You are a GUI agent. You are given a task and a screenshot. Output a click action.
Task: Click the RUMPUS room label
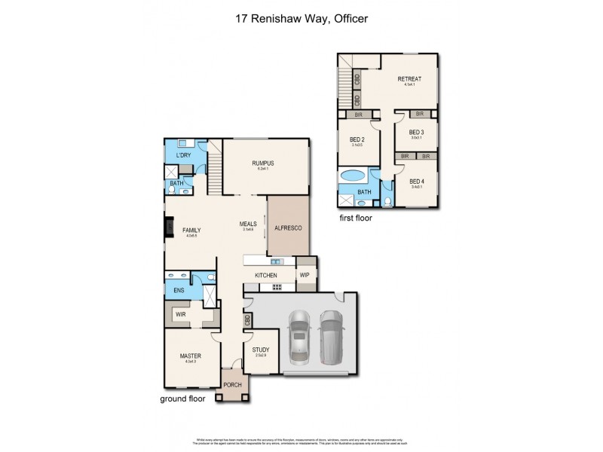tap(263, 163)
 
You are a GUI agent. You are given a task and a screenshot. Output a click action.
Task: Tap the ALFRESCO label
tap(287, 228)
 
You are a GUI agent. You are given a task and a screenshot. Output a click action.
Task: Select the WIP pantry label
tap(305, 276)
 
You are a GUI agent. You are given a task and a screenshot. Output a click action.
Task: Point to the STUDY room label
tap(260, 350)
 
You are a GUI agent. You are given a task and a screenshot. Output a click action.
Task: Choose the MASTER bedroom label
tap(190, 356)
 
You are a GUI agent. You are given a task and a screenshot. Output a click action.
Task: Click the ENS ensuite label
tap(179, 290)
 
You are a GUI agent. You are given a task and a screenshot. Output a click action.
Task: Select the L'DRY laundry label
tap(183, 155)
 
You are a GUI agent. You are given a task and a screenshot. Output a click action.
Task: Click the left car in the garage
tap(299, 334)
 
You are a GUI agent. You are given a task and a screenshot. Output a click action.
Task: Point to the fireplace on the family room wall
tap(168, 228)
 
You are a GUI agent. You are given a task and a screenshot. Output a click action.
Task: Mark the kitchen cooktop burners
tap(277, 286)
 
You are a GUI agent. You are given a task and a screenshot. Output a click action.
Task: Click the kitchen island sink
tap(277, 261)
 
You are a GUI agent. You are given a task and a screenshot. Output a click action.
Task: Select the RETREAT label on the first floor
tap(409, 78)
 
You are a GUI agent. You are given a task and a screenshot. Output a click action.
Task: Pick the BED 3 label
tap(416, 132)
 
